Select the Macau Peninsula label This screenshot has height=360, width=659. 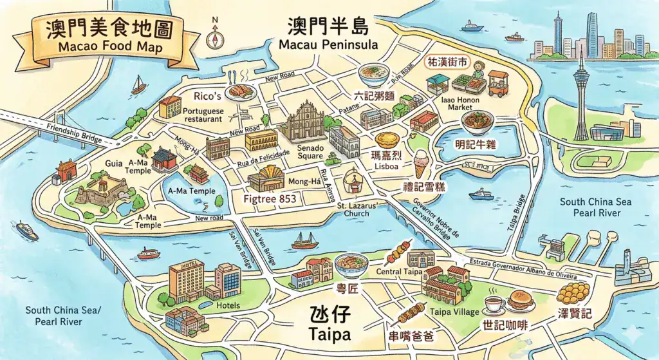pos(328,45)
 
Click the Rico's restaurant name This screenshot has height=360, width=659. pos(208,96)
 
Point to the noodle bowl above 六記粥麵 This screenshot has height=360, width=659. pos(376,75)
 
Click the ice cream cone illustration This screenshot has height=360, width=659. pos(421,163)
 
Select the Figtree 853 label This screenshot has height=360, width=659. pos(270,200)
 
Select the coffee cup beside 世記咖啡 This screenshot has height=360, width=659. pos(494,303)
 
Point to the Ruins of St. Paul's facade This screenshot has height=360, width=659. pos(301,122)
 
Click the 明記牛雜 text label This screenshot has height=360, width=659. pos(475,144)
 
